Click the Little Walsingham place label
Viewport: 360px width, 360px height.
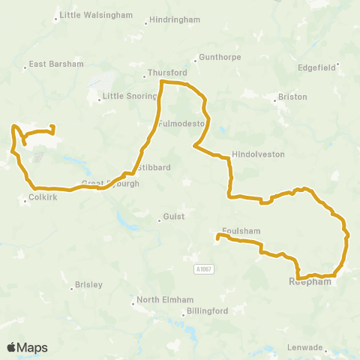click(97, 15)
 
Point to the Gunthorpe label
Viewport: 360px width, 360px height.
click(216, 57)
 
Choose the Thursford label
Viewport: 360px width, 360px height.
click(166, 73)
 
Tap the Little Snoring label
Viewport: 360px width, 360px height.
click(129, 96)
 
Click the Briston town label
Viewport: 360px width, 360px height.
click(292, 97)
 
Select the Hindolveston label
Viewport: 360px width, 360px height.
click(259, 153)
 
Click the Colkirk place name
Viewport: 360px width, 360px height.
click(38, 199)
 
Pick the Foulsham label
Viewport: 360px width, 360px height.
click(239, 231)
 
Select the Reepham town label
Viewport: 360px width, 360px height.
click(306, 283)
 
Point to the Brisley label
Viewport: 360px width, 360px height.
click(89, 285)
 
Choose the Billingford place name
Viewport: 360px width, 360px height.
click(208, 310)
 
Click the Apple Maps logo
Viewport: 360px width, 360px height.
click(28, 347)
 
